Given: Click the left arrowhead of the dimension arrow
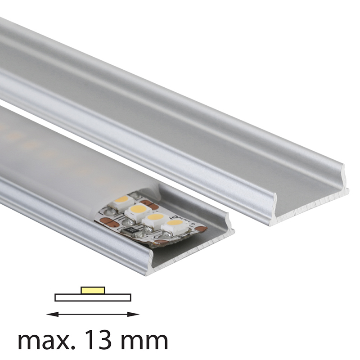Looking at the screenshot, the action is pos(52,314).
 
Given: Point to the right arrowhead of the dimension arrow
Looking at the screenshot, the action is pos(133,314).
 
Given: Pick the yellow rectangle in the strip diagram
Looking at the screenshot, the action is pos(93,290).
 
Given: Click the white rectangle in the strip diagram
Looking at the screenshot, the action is pos(93,297).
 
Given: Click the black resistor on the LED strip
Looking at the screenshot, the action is pos(132,230).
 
